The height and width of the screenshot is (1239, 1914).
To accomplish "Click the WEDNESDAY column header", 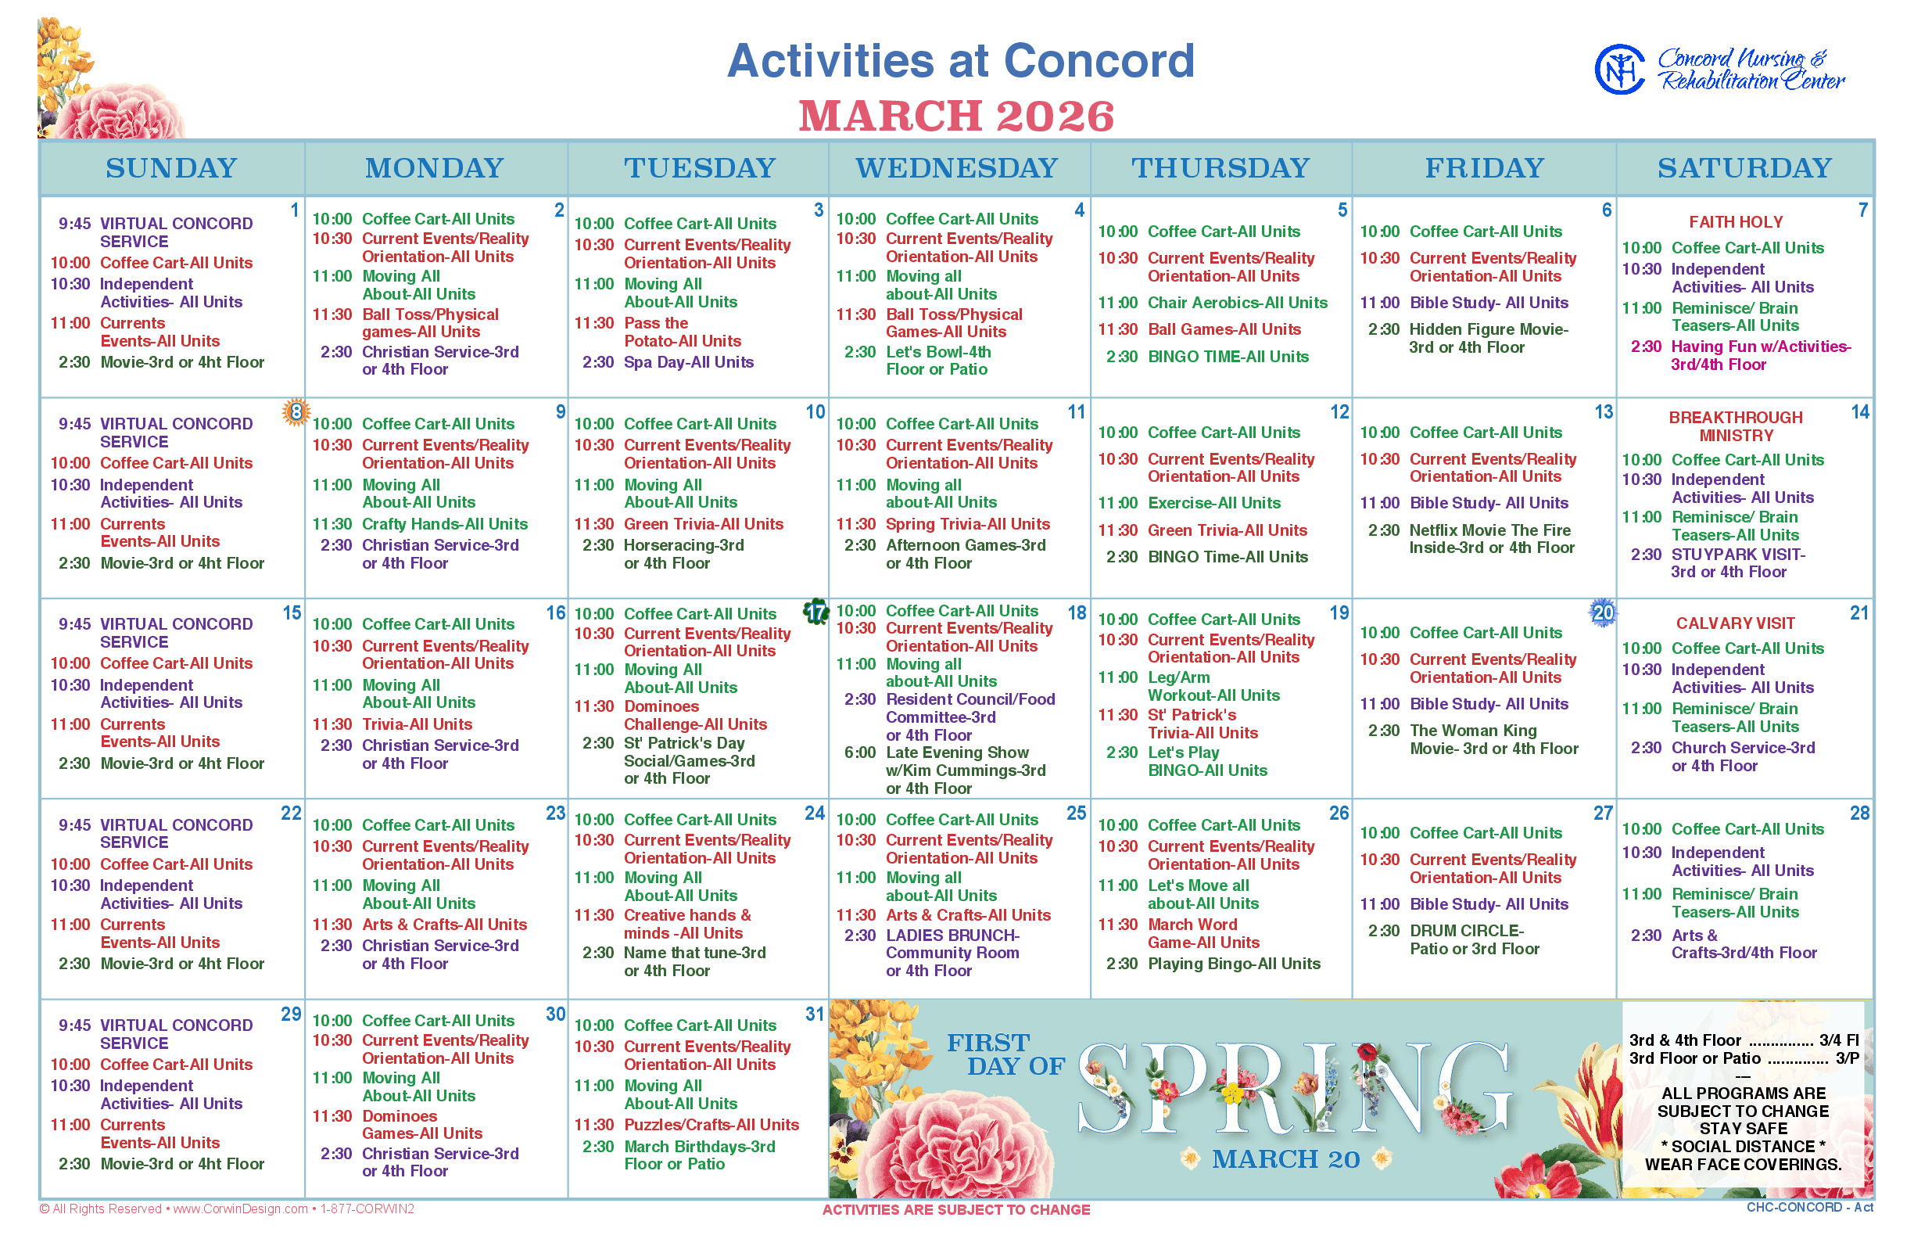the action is coord(956,167).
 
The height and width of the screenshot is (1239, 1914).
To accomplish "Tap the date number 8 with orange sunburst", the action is coord(296,413).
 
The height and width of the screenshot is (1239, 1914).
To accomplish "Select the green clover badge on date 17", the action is coord(816,612).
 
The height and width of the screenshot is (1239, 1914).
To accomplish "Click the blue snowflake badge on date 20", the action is coord(1603,612).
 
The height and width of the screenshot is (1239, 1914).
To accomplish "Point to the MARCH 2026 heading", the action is coord(956,116).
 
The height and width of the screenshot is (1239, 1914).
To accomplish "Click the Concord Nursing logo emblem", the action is coord(1620,69).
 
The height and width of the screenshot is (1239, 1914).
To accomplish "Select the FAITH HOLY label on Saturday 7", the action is coord(1736,221).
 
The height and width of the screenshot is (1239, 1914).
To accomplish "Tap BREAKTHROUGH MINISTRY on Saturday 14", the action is coord(1736,426).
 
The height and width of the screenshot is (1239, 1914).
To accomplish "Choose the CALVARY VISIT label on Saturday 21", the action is coord(1735,623).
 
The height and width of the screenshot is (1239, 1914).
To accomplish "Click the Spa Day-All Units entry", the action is coord(688,362).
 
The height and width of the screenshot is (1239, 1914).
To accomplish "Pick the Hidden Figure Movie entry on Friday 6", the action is coord(1489,338).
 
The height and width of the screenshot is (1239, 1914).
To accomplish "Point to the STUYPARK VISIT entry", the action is coord(1738,563).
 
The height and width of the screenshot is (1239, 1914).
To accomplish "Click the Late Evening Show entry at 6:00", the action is coord(965,770).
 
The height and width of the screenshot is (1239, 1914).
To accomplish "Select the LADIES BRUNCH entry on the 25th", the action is coord(952,953).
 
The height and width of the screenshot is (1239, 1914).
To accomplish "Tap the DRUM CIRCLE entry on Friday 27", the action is coord(1474,939).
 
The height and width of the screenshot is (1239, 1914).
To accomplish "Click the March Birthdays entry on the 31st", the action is coord(700,1155).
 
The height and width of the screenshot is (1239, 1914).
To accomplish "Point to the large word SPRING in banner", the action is coord(1295,1089).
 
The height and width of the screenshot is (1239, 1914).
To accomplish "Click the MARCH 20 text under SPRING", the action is coord(1285,1158).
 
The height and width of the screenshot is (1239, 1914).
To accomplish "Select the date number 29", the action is coord(290,1014).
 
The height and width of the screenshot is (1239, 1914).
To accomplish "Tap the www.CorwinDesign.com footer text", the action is coord(241,1208).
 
